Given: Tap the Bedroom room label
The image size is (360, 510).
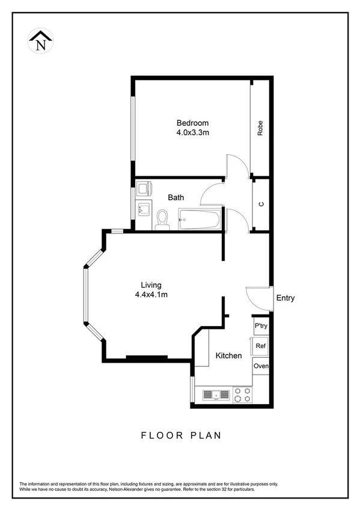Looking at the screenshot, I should pos(192,123).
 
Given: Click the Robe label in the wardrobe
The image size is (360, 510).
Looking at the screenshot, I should pos(260,129).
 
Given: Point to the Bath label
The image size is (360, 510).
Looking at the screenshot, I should pos(176,197).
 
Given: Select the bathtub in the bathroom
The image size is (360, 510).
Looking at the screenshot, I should pos(199,218).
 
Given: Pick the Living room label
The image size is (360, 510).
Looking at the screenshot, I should pos(151,285).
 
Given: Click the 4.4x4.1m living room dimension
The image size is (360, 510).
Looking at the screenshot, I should pos(151,295).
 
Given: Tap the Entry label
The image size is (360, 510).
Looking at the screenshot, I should pos(285,298).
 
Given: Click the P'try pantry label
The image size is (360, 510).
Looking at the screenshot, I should pos(261,326).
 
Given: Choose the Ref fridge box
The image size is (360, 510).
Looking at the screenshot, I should pos(261,346).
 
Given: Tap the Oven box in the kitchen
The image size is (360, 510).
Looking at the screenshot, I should pos(261,366).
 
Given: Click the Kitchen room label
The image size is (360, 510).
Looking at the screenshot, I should pos(229,355).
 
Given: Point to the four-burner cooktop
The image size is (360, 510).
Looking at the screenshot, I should pos(243,395).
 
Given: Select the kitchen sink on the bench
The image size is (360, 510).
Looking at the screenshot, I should pos(216,395).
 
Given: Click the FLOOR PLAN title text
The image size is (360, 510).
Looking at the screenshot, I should pos(180,435).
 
